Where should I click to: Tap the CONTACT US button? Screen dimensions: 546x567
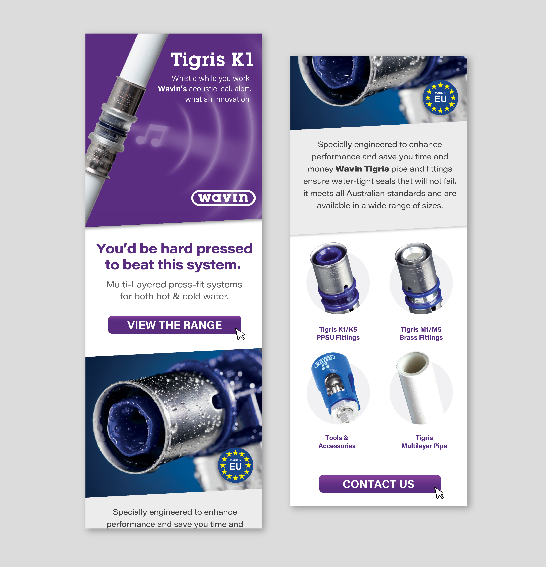click(379, 484)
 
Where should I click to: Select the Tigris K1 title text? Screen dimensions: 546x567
click(212, 60)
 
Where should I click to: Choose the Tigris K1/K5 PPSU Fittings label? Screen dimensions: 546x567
click(338, 333)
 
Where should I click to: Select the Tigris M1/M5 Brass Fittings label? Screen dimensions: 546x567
click(421, 333)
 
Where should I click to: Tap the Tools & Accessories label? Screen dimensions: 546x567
click(337, 442)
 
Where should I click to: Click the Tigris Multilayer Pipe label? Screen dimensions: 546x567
click(424, 442)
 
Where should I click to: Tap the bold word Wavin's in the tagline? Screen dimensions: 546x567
click(172, 89)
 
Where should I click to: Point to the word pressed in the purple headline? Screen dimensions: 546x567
click(224, 249)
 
